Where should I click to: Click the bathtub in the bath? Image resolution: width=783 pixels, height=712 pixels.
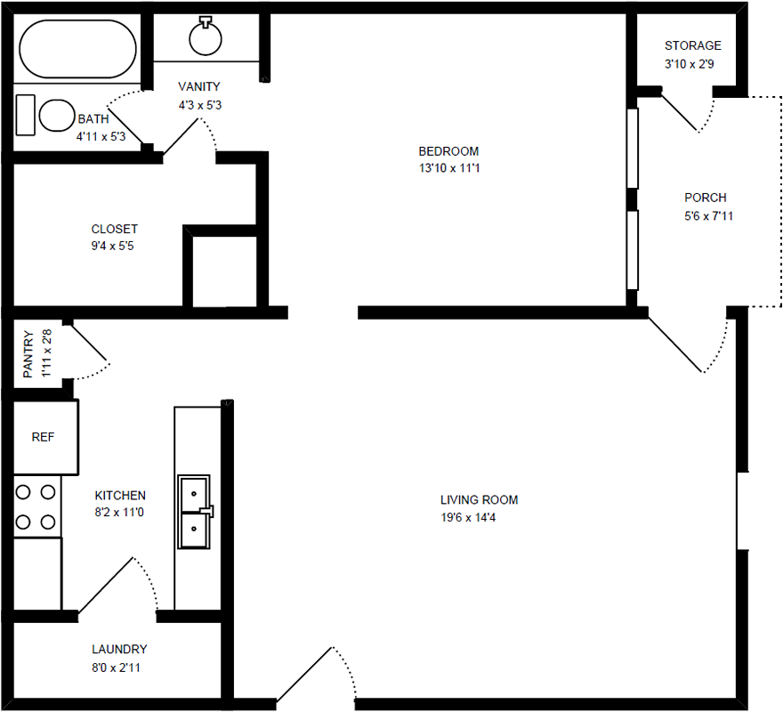point(77,49)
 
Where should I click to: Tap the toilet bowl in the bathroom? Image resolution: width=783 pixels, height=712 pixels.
point(57,116)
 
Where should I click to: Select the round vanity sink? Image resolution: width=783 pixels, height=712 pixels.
point(206,37)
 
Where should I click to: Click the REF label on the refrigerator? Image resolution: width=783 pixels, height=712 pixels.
point(43,437)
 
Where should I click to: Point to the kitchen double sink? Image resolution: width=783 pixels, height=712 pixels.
point(195,512)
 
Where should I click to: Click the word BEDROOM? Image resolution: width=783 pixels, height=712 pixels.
point(448,151)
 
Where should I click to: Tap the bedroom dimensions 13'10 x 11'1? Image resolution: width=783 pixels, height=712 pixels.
point(449,168)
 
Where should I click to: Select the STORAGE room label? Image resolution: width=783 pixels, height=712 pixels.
point(692,46)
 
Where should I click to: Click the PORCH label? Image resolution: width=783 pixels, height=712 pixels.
point(705,198)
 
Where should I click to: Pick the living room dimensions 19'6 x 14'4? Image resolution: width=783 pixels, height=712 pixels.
point(468,518)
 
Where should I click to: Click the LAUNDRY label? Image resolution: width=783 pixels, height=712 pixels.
point(119,650)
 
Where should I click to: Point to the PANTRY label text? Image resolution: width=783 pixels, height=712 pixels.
point(28,353)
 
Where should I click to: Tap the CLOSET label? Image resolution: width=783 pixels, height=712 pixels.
point(115,230)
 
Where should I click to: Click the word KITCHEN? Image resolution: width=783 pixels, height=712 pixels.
point(120,496)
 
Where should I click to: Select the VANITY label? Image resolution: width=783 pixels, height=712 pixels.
point(198,87)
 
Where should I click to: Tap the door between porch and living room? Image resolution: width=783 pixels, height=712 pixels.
point(675,344)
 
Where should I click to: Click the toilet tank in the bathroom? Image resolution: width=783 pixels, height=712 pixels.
point(26,115)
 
